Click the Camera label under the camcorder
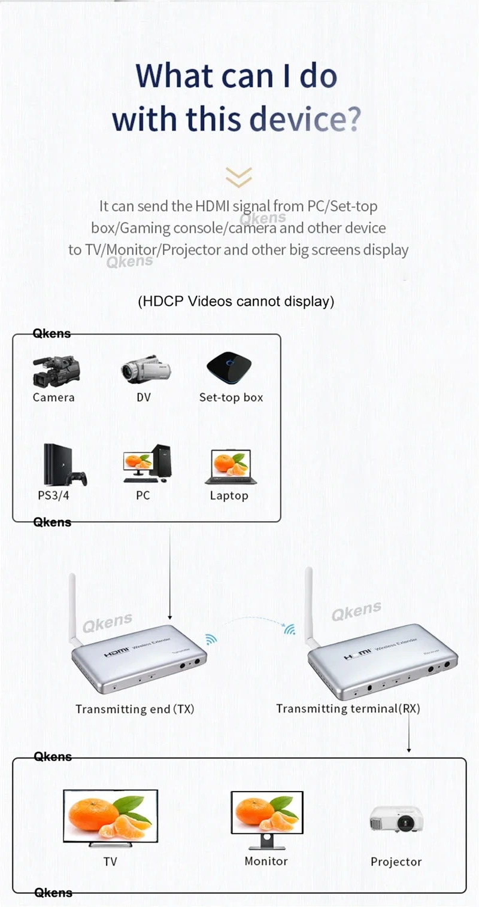[x=53, y=397]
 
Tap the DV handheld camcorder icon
[x=145, y=370]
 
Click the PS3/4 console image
[x=63, y=466]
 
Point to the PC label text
[x=143, y=495]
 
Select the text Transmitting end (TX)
[x=135, y=709]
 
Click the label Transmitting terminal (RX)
[x=348, y=708]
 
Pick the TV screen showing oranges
[x=111, y=817]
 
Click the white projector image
[x=396, y=819]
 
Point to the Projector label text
[x=396, y=862]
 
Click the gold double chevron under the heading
[x=238, y=177]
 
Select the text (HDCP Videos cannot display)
[x=236, y=301]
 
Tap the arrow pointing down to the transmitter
[x=170, y=574]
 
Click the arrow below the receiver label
[x=409, y=733]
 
